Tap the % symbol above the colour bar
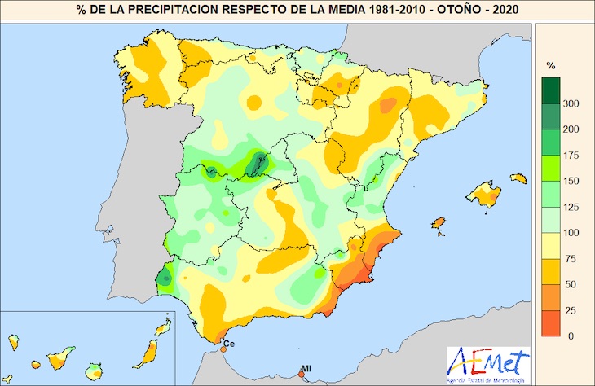tap(550, 65)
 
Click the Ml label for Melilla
tap(306, 368)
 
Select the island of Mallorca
tap(485, 195)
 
